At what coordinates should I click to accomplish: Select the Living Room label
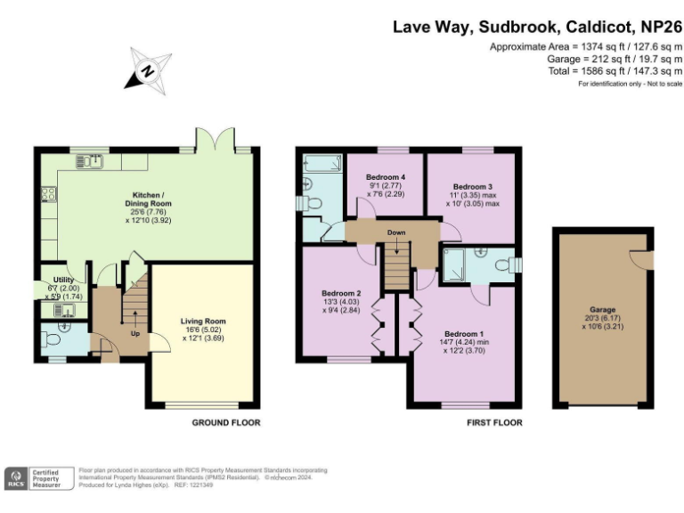pos(203,322)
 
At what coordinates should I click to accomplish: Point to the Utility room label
pos(62,281)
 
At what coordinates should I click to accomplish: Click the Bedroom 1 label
pos(465,334)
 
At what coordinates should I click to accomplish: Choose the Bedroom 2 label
pos(340,294)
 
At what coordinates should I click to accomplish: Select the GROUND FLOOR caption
pos(226,423)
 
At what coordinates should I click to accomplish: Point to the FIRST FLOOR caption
pos(494,423)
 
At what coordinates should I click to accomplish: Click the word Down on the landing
pos(396,234)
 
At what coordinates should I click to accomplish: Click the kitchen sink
pos(90,161)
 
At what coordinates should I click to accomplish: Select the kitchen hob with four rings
pos(46,195)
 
